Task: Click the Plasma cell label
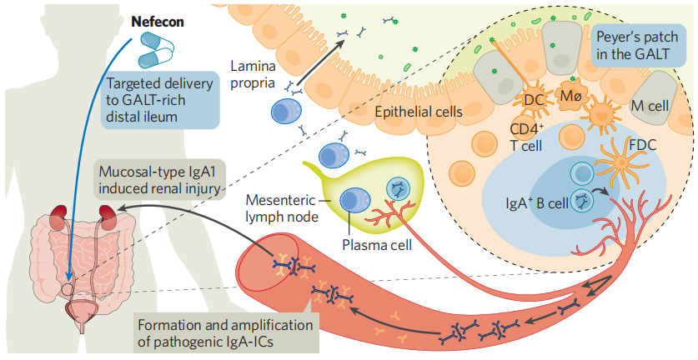[374, 245]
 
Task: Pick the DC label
[534, 101]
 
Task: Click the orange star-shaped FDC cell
[616, 173]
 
